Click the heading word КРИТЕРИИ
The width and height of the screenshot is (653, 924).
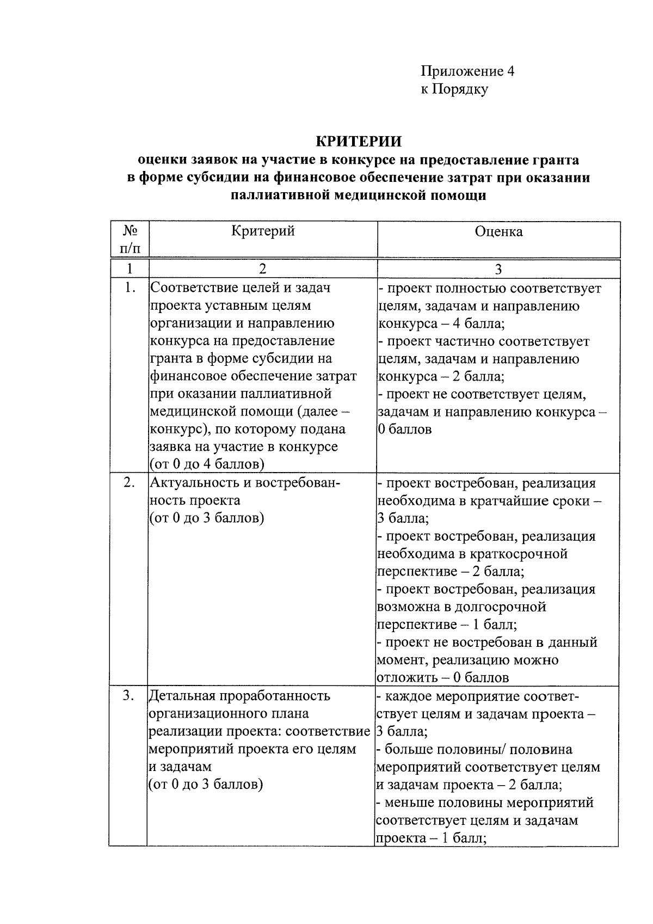click(x=359, y=142)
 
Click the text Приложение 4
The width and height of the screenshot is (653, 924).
click(x=467, y=71)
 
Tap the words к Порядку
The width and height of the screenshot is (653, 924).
click(x=454, y=89)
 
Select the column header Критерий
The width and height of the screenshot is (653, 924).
click(x=263, y=231)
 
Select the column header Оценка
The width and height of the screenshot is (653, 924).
click(x=498, y=231)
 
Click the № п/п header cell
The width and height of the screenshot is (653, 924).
click(x=129, y=240)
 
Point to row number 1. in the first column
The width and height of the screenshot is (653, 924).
click(x=129, y=288)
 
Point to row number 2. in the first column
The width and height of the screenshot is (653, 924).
click(x=129, y=483)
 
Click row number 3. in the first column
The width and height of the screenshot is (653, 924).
click(x=129, y=696)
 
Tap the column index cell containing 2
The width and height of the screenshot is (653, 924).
click(x=263, y=268)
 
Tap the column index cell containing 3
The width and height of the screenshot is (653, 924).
click(x=498, y=269)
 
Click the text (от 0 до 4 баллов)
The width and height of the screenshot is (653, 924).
click(x=207, y=464)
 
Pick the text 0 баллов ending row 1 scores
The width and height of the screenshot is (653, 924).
click(x=405, y=429)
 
